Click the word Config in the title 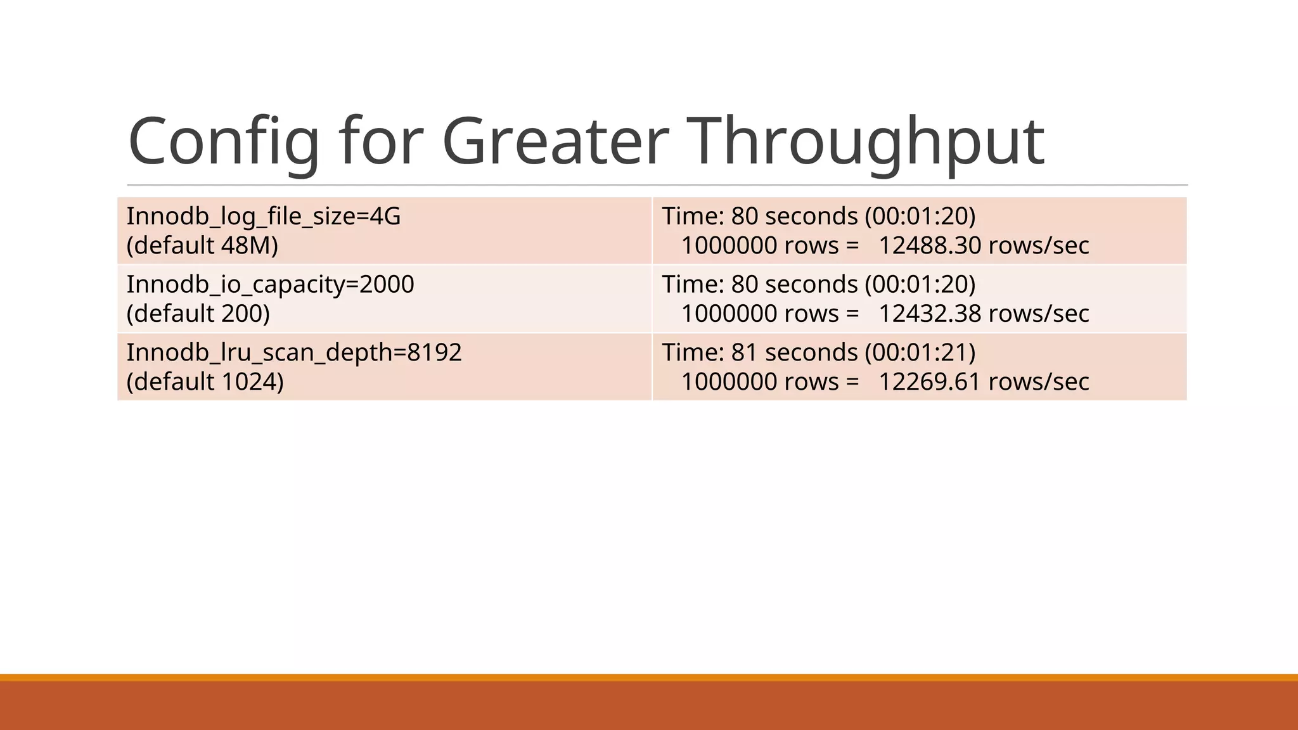224,142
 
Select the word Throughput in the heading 865,142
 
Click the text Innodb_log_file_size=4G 264,217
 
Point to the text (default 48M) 202,246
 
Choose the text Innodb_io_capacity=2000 270,285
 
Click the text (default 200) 198,314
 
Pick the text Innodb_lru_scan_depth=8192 294,353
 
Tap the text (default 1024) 205,382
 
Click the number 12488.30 930,246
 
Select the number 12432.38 930,314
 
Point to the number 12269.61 930,382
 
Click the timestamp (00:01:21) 920,353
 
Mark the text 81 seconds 794,353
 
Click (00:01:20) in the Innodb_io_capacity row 920,285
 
